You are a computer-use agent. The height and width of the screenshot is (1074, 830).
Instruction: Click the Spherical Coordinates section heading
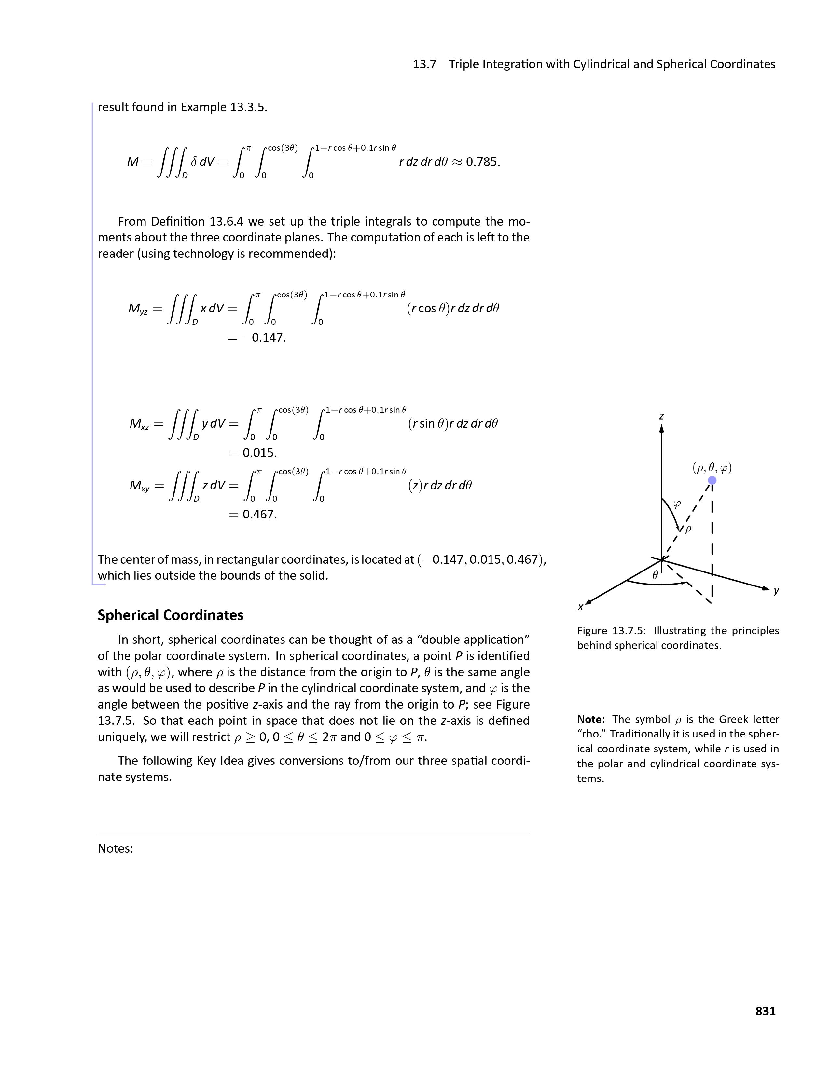(170, 615)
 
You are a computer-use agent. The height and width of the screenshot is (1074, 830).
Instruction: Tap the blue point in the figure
(712, 480)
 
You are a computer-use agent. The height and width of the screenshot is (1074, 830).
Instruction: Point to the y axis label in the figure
(776, 591)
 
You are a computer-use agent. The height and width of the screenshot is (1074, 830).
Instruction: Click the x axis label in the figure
(581, 607)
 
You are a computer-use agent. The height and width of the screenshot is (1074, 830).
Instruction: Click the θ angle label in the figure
(655, 574)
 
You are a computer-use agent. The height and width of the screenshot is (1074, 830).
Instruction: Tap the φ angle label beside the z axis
(677, 504)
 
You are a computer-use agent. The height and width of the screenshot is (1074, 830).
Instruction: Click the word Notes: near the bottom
(116, 848)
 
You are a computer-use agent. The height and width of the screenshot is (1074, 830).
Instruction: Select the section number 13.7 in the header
(424, 64)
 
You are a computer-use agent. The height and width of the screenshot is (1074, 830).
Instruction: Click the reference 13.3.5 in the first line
(248, 107)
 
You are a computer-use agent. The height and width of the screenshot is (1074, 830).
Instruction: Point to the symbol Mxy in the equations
(139, 486)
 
